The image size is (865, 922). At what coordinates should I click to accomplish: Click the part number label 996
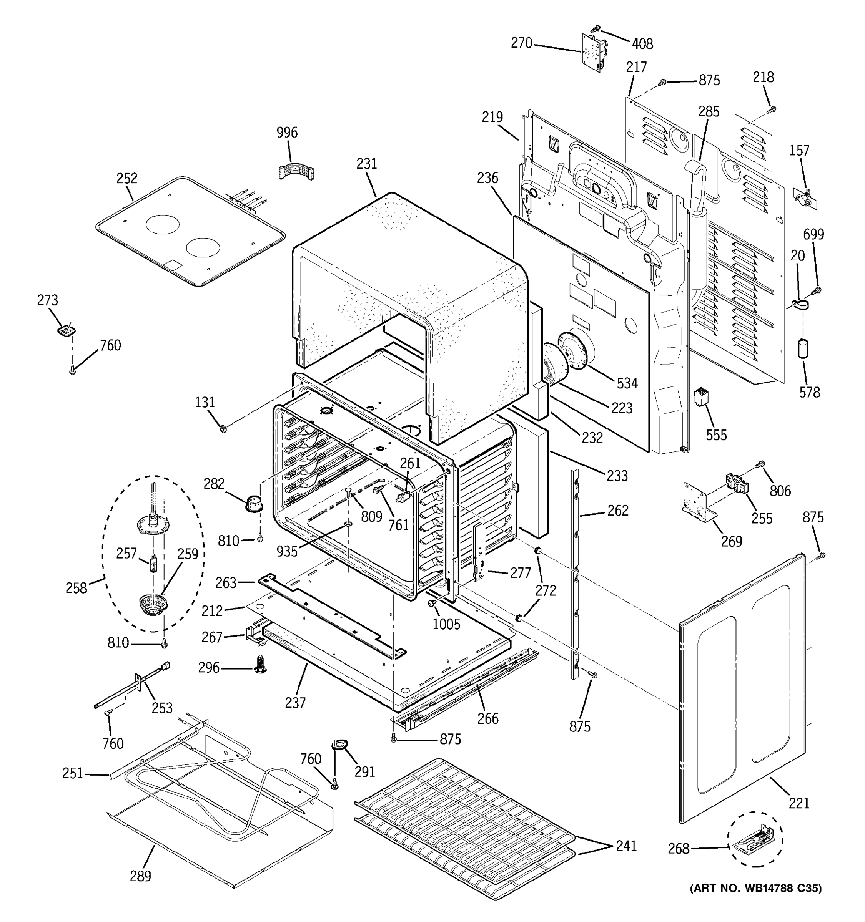pyautogui.click(x=287, y=133)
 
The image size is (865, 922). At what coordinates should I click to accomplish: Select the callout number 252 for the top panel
pyautogui.click(x=127, y=178)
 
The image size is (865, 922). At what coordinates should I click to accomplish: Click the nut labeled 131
pyautogui.click(x=223, y=428)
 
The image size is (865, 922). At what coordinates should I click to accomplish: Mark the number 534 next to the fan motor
pyautogui.click(x=627, y=383)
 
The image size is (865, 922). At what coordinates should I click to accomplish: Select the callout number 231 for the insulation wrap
pyautogui.click(x=367, y=164)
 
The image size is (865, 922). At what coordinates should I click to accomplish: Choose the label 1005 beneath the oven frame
pyautogui.click(x=446, y=624)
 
